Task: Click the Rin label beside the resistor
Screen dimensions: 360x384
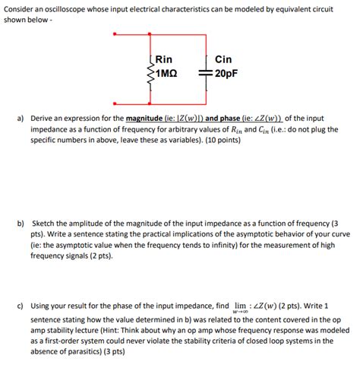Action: click(x=163, y=59)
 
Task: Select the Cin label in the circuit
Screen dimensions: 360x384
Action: click(x=223, y=59)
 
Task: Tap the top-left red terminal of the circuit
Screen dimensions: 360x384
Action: click(x=114, y=35)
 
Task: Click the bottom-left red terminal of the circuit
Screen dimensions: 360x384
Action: click(x=114, y=103)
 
